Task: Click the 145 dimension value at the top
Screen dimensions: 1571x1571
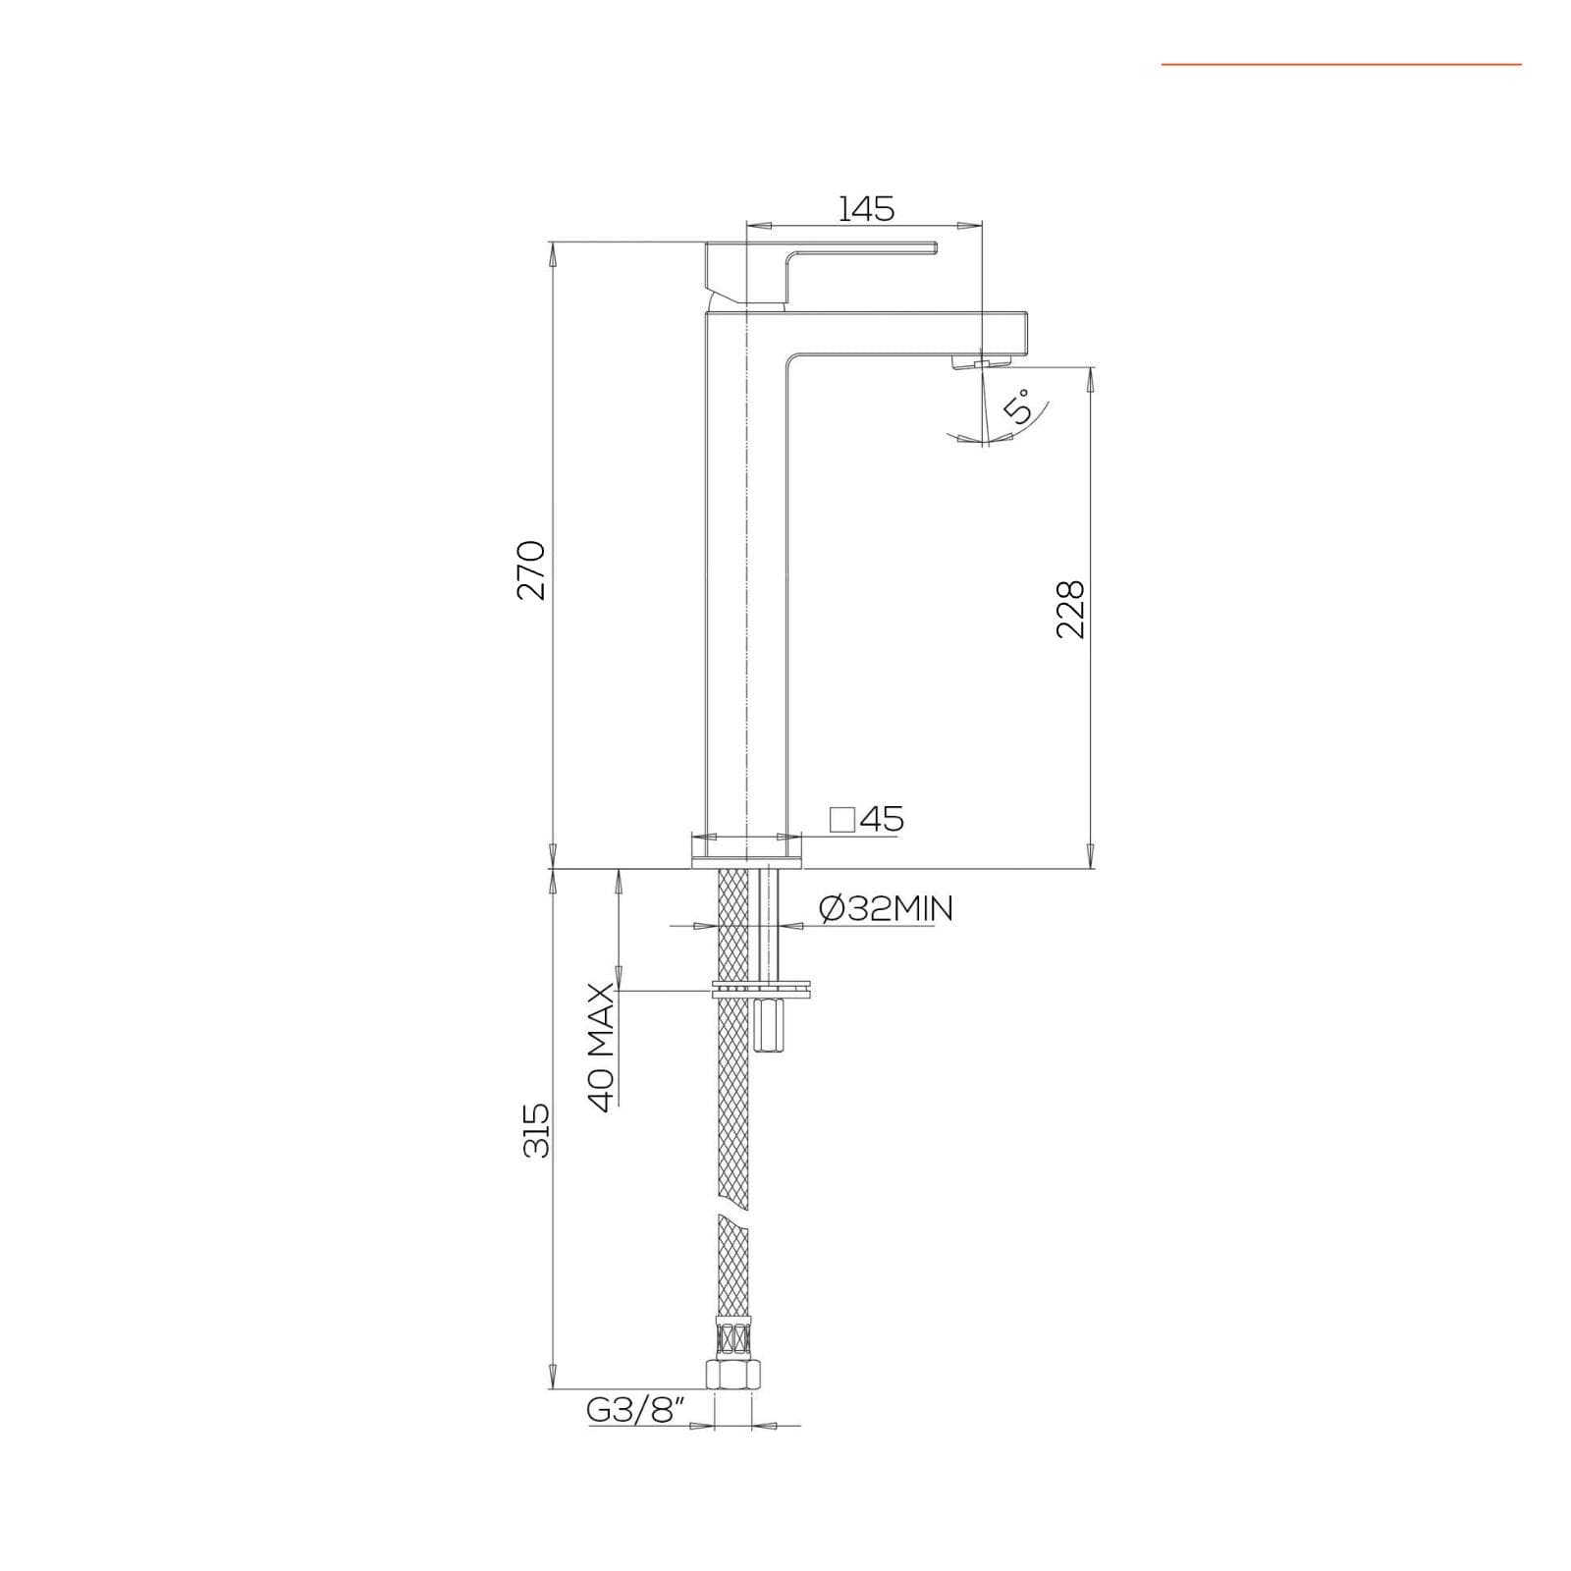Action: pos(867,208)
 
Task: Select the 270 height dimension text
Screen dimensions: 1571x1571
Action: pos(531,569)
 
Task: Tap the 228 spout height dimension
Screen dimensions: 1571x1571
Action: pos(1070,610)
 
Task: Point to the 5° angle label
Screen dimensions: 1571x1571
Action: pos(1021,406)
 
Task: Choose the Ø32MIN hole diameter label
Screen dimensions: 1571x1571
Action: pos(885,910)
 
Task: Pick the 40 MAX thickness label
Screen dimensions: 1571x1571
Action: pos(602,1047)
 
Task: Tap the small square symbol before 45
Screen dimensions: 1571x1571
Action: pos(841,819)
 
